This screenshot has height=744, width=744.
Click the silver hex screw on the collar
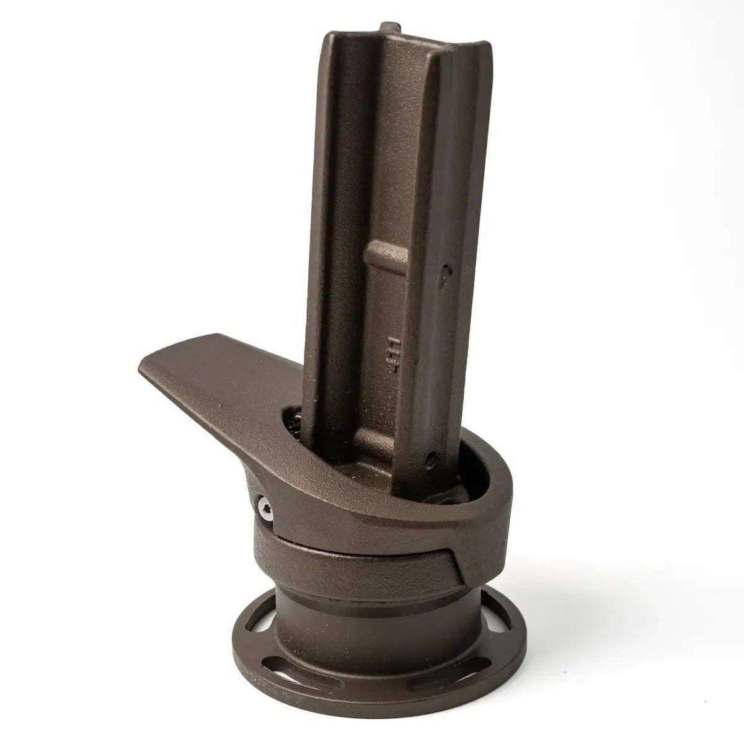264,510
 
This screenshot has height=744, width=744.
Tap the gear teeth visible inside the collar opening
296,428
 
